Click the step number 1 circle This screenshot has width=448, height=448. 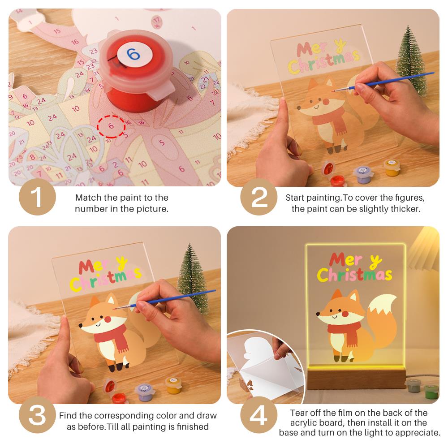[x=38, y=197]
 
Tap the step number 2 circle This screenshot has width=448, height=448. [x=259, y=197]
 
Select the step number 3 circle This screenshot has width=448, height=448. [x=38, y=415]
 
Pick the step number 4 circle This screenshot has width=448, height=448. [x=259, y=415]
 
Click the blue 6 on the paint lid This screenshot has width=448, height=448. [x=133, y=54]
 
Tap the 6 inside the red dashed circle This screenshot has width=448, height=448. [x=111, y=126]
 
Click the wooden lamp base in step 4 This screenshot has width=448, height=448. [x=357, y=379]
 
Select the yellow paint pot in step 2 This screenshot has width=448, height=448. [x=392, y=168]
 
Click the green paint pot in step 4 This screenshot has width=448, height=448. [x=431, y=392]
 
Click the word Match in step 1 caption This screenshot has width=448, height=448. [x=88, y=198]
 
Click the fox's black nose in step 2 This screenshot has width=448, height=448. [x=299, y=108]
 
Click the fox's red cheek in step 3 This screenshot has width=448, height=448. [x=108, y=319]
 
